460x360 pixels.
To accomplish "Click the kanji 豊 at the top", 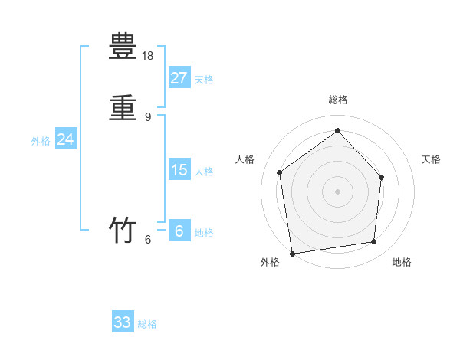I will pos(123,47).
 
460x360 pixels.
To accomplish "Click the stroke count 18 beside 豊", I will pos(149,56).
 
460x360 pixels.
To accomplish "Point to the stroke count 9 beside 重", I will pos(148,117).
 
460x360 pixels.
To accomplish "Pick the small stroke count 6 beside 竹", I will pos(148,240).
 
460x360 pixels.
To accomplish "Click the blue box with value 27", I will pos(179,77).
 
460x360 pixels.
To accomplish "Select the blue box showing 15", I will pos(179,169).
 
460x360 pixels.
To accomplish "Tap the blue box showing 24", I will pos(65,139).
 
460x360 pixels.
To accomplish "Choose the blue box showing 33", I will pos(123,322).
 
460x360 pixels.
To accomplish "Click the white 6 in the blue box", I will pos(179,231).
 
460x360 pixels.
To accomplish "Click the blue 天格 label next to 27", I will pos(204,80).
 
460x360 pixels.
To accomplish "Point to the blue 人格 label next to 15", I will pos(204,172).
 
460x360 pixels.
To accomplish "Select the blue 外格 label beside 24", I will pos(41,141).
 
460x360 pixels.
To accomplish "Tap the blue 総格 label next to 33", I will pos(147,325).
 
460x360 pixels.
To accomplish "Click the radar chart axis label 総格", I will pos(338,100).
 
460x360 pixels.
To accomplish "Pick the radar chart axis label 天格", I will pos(431,159).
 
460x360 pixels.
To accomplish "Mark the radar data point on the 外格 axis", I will pos(292,253).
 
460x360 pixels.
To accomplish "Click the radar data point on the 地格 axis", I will pos(374,242).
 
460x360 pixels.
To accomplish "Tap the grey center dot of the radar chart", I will pos(338,191).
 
